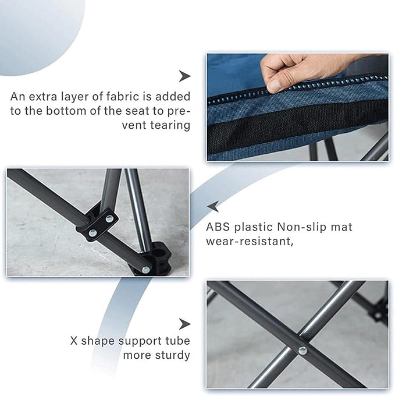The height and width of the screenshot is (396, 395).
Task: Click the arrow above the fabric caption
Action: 184,76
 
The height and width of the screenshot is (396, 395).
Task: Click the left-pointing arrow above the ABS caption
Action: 213,206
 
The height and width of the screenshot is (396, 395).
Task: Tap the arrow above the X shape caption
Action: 184,324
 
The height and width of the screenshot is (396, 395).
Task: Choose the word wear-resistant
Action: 250,242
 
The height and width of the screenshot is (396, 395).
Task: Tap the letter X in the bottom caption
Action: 74,341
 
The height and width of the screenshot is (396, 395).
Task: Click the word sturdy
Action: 173,355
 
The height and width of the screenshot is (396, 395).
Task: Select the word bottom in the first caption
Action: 66,111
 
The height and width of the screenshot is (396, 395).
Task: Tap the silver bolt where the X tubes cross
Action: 303,351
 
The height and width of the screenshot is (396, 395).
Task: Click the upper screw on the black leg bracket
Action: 109,218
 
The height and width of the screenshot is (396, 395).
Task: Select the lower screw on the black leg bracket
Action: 93,232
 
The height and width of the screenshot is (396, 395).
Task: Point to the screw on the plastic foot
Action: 146,270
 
